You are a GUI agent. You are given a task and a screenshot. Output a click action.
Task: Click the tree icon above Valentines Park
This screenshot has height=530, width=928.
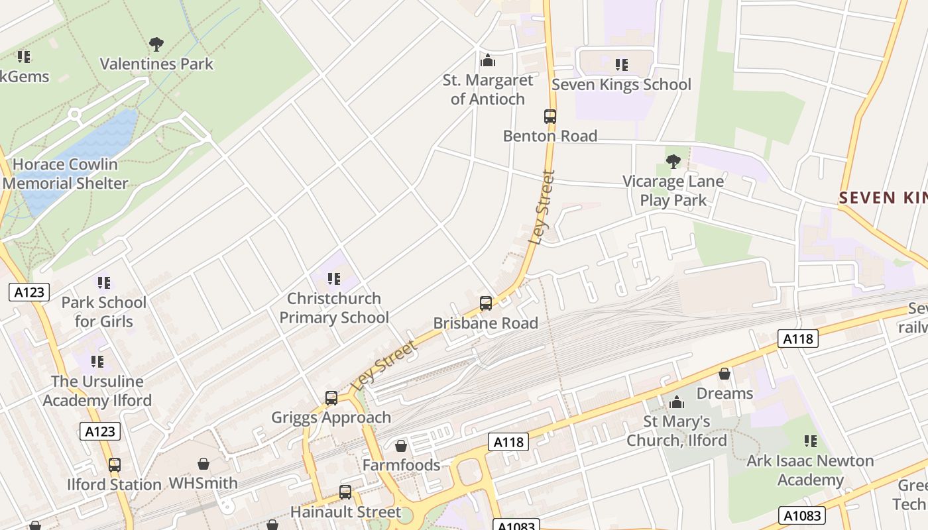(x=156, y=44)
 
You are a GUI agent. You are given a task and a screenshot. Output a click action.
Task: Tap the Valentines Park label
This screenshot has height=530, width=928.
(x=156, y=64)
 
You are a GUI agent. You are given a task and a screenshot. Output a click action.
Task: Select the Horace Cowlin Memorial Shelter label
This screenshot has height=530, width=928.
(x=66, y=174)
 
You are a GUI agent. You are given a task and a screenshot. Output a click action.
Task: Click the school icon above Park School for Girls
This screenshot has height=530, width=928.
(x=103, y=283)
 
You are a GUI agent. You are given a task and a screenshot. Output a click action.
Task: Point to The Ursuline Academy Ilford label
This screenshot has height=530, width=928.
(x=97, y=391)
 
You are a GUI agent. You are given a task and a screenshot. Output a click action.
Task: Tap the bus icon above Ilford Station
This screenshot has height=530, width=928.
(x=115, y=465)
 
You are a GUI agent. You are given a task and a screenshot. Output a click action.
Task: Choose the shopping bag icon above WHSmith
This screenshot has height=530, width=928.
(x=203, y=464)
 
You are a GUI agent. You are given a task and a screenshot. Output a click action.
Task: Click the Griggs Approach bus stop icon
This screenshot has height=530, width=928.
(x=331, y=398)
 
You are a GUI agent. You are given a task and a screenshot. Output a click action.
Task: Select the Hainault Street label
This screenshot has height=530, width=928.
(x=345, y=512)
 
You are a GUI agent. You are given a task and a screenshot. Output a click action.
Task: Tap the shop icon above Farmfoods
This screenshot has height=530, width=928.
(x=401, y=446)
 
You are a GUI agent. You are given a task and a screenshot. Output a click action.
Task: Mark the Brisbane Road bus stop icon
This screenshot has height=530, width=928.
(x=486, y=303)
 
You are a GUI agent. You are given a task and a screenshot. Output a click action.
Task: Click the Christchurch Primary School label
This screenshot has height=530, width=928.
(x=334, y=308)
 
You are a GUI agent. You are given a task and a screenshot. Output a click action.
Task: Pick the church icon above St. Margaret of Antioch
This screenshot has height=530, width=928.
(x=488, y=61)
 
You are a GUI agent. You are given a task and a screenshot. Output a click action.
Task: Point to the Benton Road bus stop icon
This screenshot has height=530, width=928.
(x=550, y=117)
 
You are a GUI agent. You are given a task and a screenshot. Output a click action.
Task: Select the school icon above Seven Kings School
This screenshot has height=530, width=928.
(x=621, y=65)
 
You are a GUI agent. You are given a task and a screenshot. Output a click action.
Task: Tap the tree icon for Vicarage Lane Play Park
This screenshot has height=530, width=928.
(x=673, y=161)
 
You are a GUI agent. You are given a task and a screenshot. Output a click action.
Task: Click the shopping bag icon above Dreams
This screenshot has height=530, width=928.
(x=725, y=374)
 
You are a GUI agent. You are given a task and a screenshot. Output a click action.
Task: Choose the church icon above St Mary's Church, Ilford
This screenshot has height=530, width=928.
(x=677, y=402)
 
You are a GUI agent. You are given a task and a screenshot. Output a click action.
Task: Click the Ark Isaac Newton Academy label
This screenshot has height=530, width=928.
(x=810, y=470)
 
